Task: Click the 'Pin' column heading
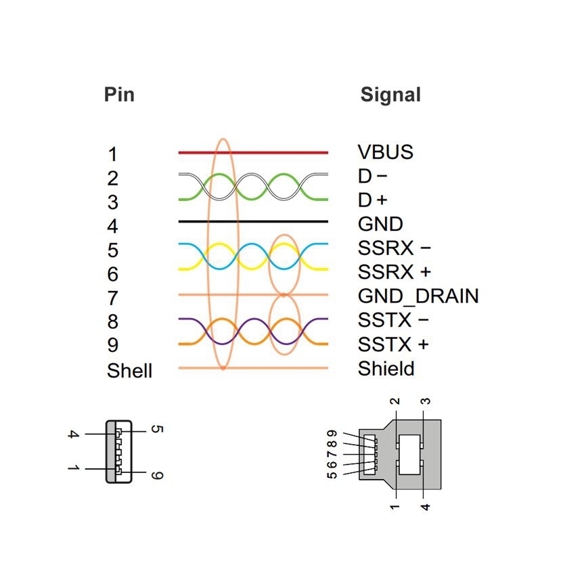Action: click(119, 94)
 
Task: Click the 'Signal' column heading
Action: click(390, 95)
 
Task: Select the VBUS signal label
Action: click(385, 152)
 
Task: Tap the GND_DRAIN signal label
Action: click(418, 296)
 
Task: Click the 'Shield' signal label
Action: click(386, 368)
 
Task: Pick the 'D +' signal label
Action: click(373, 200)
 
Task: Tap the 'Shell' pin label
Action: click(129, 371)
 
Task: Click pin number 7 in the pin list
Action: click(112, 298)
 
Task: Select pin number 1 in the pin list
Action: click(112, 154)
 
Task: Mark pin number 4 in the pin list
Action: click(112, 226)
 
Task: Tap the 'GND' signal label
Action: click(380, 224)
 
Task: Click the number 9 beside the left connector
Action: click(156, 475)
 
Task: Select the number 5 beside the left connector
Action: click(156, 429)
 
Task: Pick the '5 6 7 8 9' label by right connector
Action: click(332, 454)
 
